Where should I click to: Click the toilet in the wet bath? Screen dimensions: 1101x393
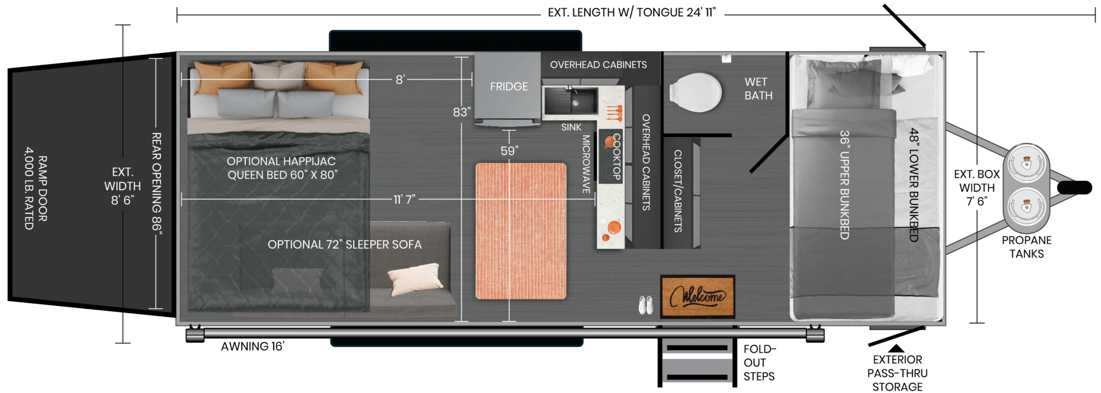696,92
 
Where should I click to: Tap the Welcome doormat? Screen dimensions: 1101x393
698,296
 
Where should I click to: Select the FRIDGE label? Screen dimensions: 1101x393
509,87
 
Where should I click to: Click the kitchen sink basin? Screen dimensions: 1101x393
570,101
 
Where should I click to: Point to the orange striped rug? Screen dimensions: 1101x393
521,231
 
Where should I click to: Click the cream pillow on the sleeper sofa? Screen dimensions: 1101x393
415,278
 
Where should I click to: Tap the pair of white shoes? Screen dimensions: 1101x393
646,305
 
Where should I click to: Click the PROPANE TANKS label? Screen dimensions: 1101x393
1026,247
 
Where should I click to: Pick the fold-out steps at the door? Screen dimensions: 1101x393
697,361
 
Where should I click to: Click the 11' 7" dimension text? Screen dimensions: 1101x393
404,199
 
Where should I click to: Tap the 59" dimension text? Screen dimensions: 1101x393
509,151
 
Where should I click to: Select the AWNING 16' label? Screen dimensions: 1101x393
253,346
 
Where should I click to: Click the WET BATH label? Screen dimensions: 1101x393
758,89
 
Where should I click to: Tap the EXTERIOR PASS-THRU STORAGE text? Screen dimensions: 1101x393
897,373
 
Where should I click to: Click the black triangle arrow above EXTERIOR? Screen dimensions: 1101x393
896,348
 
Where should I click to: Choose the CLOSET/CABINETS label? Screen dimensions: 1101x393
678,191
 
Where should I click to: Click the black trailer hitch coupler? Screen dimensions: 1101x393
1074,188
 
